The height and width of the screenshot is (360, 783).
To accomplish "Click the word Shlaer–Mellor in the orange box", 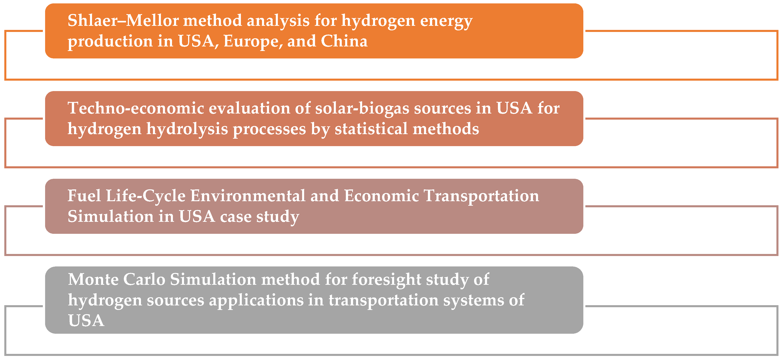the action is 123,21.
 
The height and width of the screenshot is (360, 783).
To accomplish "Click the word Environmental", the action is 248,196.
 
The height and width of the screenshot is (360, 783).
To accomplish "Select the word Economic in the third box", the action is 381,196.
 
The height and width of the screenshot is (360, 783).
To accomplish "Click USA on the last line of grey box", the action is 86,321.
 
